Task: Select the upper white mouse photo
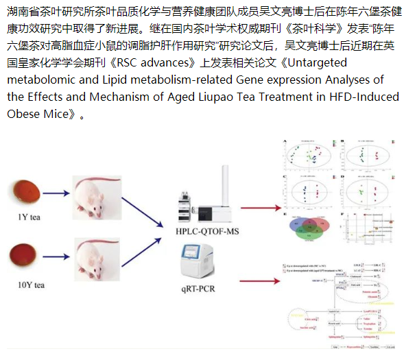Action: click(x=97, y=199)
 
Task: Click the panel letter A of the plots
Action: click(x=285, y=142)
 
